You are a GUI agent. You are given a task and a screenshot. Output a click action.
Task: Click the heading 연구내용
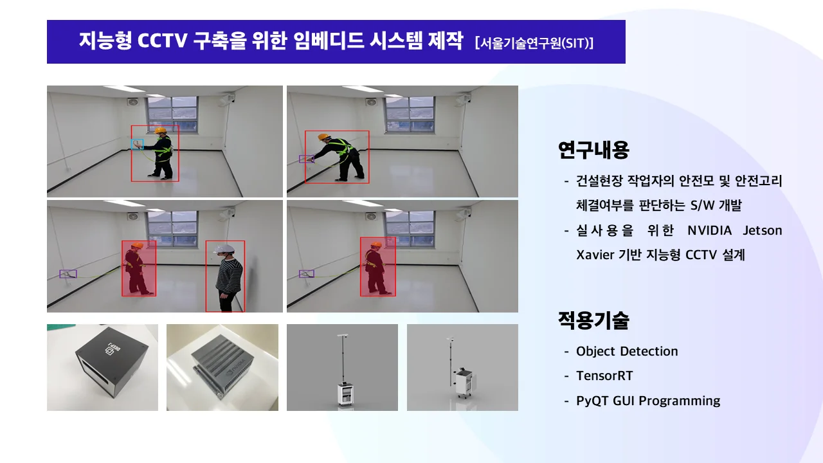point(593,150)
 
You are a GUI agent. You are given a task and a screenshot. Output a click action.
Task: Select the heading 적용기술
point(593,320)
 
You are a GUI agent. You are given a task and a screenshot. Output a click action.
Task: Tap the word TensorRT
point(604,376)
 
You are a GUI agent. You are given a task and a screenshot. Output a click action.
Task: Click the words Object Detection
point(627,351)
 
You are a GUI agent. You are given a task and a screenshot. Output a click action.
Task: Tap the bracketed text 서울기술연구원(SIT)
point(534,43)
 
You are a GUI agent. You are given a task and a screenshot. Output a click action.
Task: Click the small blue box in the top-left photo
point(137,144)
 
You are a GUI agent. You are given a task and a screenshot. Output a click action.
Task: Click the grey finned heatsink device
point(222,367)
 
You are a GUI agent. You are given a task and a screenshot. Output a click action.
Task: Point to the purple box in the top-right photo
point(305,158)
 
